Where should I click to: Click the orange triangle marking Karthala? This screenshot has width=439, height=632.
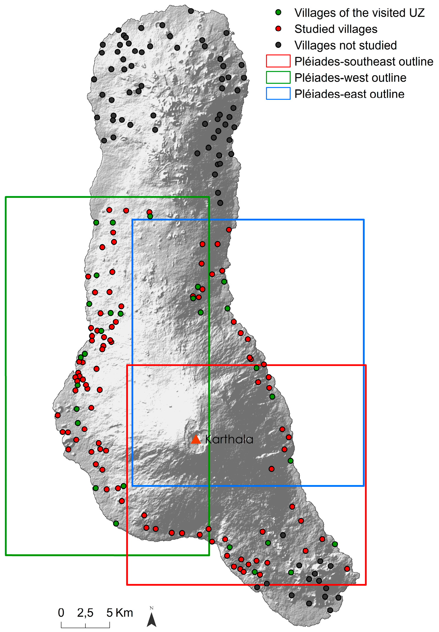click(195, 440)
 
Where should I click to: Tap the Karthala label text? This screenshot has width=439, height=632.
click(229, 440)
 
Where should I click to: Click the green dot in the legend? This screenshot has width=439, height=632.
click(278, 13)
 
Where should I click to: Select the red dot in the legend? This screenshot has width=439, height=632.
click(278, 29)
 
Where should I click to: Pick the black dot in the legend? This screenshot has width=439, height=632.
click(278, 45)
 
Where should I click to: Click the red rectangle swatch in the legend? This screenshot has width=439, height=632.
click(278, 61)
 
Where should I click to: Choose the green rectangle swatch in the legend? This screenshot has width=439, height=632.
click(278, 77)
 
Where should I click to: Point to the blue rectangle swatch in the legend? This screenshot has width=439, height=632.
click(278, 94)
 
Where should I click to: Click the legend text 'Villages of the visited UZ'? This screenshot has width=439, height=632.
click(359, 13)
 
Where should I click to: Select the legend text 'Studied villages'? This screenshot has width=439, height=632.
click(336, 29)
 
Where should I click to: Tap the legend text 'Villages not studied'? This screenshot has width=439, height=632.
click(345, 45)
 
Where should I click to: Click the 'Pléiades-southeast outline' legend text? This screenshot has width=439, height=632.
click(364, 62)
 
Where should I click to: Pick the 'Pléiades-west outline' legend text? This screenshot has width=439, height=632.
click(350, 78)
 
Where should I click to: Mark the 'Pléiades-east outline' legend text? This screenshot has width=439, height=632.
click(349, 94)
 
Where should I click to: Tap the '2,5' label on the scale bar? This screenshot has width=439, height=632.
click(85, 613)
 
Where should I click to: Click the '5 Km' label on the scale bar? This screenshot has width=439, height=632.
click(120, 613)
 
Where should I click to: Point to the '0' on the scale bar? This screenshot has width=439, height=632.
click(61, 613)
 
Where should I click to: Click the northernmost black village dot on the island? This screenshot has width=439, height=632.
click(191, 11)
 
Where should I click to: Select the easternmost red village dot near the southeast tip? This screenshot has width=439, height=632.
click(347, 569)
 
